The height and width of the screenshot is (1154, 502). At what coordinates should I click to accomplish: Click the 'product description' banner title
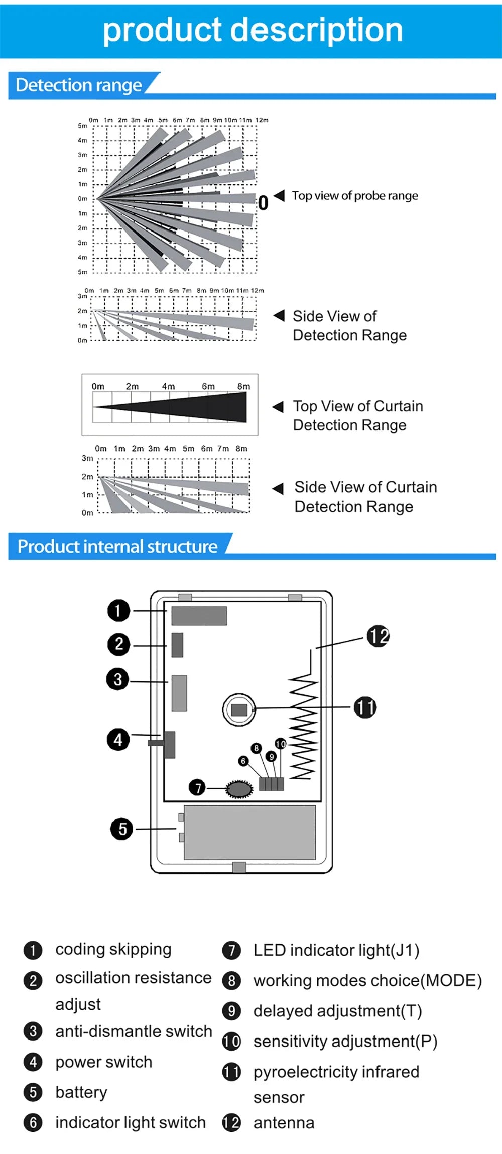(x=253, y=30)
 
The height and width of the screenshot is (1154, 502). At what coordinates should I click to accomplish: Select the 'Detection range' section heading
(x=79, y=85)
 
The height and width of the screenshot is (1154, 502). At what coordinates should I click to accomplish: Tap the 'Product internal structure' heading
(x=117, y=546)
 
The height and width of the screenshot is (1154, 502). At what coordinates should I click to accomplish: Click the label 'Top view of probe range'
(x=354, y=196)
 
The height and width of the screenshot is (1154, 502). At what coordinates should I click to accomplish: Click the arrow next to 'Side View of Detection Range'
(x=279, y=316)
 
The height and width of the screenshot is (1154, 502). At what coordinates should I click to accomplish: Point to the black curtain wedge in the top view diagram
(x=201, y=407)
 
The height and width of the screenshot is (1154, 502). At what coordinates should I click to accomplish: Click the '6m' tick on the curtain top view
(x=208, y=386)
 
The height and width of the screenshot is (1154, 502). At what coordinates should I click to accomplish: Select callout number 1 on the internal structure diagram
(x=118, y=611)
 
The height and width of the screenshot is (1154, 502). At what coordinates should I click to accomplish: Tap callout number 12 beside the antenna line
(x=378, y=636)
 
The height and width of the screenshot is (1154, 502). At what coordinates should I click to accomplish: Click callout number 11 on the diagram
(x=365, y=708)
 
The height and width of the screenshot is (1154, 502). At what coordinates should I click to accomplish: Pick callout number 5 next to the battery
(x=121, y=829)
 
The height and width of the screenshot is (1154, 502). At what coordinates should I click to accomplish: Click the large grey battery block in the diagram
(x=249, y=832)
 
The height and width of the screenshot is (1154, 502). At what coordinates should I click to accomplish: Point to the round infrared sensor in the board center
(x=239, y=709)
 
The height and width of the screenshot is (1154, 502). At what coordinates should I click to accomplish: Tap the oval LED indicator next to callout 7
(x=239, y=789)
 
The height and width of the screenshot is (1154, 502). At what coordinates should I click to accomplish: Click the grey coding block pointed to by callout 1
(x=199, y=616)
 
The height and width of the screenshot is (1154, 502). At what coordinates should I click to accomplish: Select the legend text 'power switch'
(x=103, y=1062)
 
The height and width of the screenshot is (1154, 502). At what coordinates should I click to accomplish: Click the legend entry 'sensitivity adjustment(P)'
(x=345, y=1042)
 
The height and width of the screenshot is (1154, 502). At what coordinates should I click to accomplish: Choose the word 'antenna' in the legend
(x=284, y=1123)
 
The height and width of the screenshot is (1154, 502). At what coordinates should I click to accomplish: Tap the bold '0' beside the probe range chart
(x=263, y=203)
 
